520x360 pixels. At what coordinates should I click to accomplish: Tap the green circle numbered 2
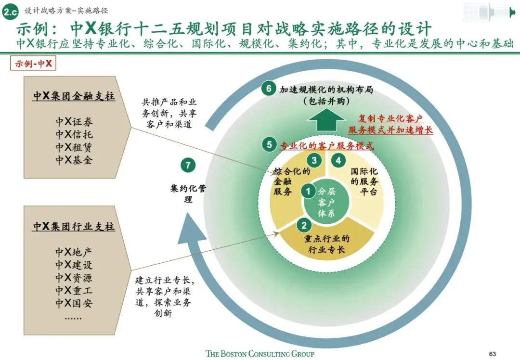[x=304, y=225]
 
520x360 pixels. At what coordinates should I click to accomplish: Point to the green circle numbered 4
[x=339, y=160]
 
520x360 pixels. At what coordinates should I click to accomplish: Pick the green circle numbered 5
[x=269, y=144]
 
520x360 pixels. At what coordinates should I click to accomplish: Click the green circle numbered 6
[x=269, y=89]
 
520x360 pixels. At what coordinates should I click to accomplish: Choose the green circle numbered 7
[x=188, y=166]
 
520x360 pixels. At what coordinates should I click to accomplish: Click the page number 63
[x=492, y=353]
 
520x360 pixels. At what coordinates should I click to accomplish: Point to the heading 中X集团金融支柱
[x=74, y=96]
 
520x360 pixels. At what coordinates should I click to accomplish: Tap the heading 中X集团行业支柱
[x=74, y=226]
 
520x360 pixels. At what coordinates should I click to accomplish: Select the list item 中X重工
[x=74, y=291]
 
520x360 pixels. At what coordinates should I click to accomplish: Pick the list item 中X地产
[x=74, y=252]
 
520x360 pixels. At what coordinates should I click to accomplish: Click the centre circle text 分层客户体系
[x=326, y=202]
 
